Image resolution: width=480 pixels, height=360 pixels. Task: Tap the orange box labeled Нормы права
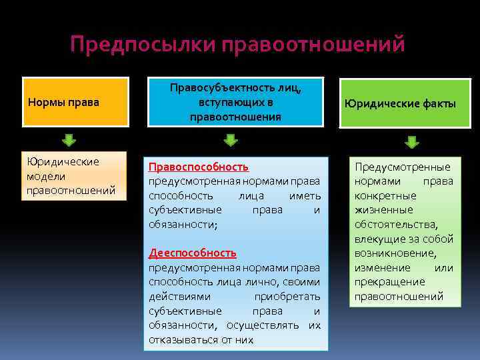75,102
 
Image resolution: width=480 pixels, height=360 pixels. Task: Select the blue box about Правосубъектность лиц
235,102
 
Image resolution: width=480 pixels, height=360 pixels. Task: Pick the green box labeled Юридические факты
400,103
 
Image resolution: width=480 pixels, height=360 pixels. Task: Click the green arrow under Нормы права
70,141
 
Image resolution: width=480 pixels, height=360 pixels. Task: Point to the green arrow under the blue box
231,140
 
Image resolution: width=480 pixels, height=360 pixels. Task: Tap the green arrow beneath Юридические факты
412,141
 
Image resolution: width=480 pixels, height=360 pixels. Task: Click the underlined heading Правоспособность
198,167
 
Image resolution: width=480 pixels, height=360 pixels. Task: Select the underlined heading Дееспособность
192,253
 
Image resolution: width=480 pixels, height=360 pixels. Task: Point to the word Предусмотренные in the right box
403,167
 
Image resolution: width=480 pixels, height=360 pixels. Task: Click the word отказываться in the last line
181,339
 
